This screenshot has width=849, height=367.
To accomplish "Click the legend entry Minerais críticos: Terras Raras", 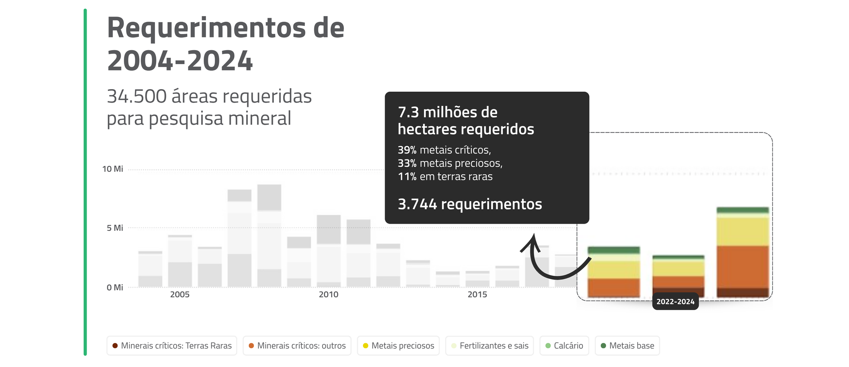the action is [172, 346].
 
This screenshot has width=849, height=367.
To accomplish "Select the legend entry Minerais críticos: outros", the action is [297, 346].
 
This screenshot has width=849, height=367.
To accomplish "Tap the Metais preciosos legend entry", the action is [398, 346].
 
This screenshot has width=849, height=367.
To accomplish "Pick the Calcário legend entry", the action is [564, 346].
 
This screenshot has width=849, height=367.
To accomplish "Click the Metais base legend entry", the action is [627, 346].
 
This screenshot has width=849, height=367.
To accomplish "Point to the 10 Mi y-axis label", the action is [112, 169].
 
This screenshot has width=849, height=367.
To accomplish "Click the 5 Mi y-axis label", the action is [115, 228].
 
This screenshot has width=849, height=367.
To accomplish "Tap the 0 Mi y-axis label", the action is [115, 287].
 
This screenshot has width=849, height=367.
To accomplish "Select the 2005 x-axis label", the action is [180, 294].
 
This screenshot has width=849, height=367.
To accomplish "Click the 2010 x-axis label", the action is [329, 294].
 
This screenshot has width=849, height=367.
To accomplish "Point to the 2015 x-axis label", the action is [478, 294].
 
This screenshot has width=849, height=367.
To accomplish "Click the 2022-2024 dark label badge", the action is [675, 301].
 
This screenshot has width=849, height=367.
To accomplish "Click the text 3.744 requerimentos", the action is [470, 204].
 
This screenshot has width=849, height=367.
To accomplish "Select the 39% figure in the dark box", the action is [407, 150].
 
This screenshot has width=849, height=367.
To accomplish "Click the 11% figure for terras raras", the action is [407, 176].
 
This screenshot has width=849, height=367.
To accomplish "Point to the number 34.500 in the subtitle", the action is [137, 96].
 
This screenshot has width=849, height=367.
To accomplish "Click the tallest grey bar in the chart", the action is [269, 236].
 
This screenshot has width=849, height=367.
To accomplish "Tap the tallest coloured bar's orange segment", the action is [742, 267].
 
